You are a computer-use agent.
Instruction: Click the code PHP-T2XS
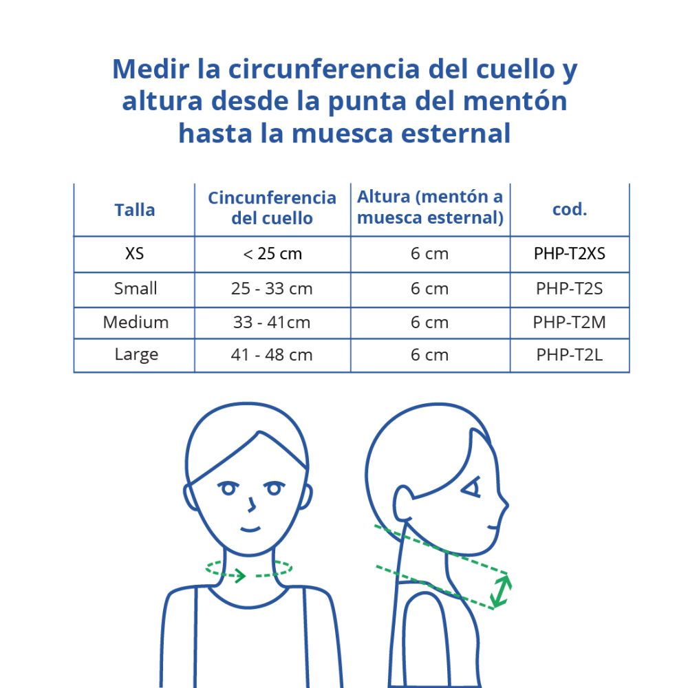click(x=569, y=254)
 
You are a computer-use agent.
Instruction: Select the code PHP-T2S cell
click(x=569, y=289)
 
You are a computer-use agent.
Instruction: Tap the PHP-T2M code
click(x=569, y=322)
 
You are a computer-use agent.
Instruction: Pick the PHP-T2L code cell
click(x=569, y=355)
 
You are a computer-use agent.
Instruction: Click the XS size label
click(x=135, y=254)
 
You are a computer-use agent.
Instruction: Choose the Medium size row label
click(x=136, y=322)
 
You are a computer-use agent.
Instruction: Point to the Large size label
click(x=136, y=355)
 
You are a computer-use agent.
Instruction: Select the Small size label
click(x=136, y=289)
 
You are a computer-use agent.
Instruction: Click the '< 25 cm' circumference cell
click(x=272, y=254)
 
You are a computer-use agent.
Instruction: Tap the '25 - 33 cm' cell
click(x=272, y=289)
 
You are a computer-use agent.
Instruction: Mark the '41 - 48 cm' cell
click(x=272, y=355)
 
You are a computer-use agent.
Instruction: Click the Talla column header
click(x=135, y=210)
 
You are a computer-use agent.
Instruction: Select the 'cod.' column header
click(x=569, y=210)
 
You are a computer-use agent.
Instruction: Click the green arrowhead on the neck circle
click(x=239, y=574)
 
